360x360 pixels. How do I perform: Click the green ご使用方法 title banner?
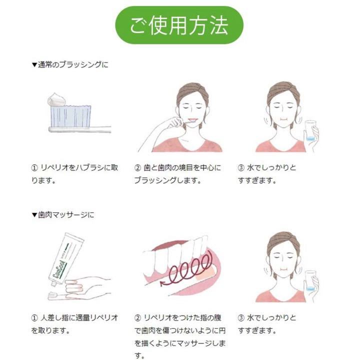(x=179, y=24)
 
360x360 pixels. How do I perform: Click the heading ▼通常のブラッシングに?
(x=69, y=64)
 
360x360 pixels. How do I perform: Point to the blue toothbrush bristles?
(x=69, y=115)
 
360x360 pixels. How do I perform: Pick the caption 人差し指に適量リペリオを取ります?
(x=74, y=323)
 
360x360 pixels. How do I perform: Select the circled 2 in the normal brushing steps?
(x=137, y=167)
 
